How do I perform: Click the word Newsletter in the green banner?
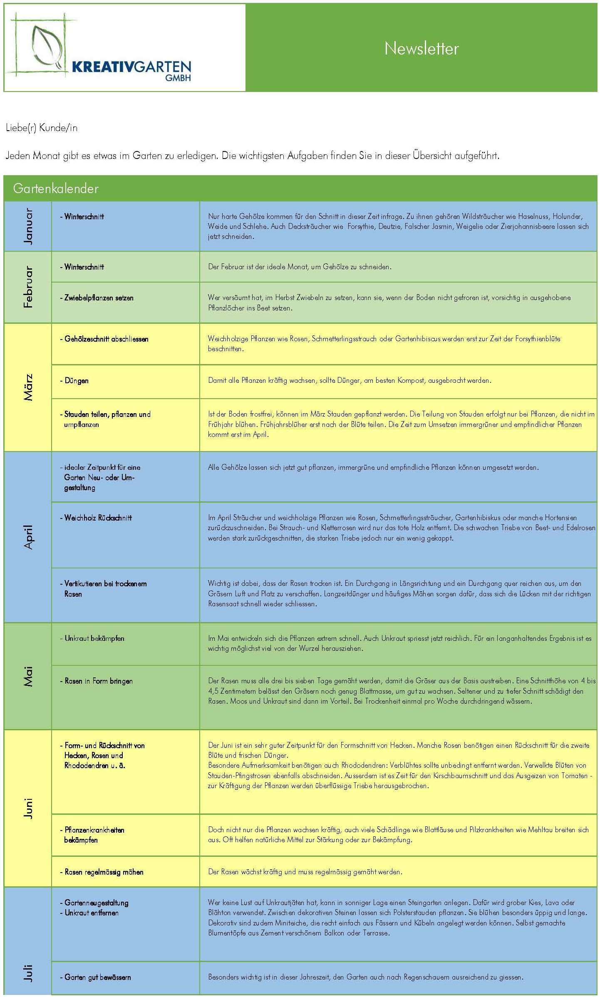click(421, 49)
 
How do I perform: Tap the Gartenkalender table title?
click(56, 188)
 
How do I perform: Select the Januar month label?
click(28, 226)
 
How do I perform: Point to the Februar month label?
click(28, 287)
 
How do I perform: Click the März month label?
click(28, 387)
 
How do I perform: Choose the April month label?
click(28, 537)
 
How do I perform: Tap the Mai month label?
click(28, 676)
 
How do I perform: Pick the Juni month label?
click(28, 808)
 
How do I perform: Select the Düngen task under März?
click(76, 380)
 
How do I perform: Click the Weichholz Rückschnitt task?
click(98, 518)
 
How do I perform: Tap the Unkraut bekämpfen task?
click(94, 638)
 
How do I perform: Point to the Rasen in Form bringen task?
click(98, 681)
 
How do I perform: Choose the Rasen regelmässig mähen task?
click(104, 872)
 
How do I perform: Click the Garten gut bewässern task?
click(97, 977)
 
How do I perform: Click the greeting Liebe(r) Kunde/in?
click(42, 128)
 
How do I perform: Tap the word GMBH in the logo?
click(178, 78)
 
